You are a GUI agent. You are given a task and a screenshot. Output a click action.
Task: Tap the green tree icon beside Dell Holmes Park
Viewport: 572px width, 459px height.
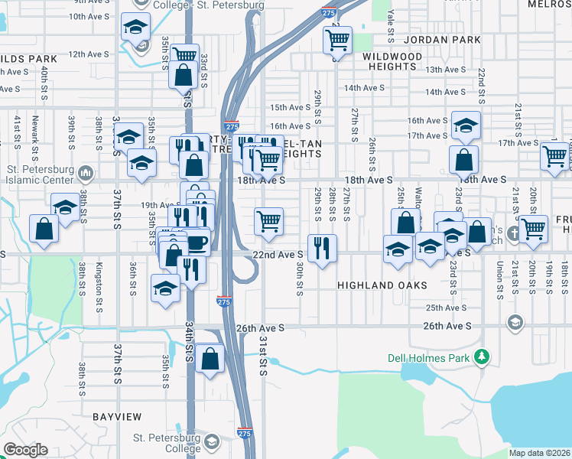[x=482, y=356]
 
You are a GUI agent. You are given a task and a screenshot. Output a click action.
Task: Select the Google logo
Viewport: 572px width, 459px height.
[x=26, y=450]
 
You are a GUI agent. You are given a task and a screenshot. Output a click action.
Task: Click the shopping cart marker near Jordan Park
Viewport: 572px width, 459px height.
[x=338, y=38]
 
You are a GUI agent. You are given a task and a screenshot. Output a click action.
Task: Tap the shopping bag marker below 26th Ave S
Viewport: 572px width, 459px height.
[x=210, y=358]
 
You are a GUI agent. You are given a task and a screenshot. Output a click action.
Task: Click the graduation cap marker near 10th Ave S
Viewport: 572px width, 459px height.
[x=135, y=28]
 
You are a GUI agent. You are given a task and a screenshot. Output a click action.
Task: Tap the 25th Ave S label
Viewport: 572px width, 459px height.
[x=447, y=308]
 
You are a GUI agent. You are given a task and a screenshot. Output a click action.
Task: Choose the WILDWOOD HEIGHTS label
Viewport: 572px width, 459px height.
[x=392, y=61]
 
